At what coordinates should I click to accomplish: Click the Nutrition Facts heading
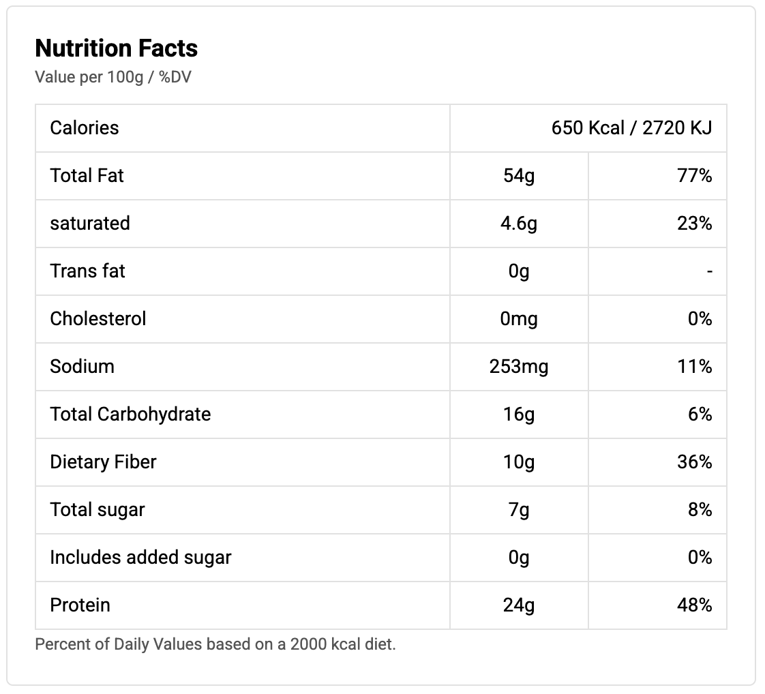coord(117,48)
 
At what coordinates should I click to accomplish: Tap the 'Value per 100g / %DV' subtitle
coord(113,77)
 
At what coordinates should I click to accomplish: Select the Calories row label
coord(85,127)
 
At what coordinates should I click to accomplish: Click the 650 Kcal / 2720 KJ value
coord(631,127)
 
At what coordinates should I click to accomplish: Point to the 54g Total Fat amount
coord(519,175)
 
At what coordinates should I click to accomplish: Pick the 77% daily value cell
coord(695,175)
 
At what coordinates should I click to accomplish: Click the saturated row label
coord(90,223)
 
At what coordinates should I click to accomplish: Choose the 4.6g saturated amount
coord(519,223)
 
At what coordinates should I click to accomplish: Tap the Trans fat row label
coord(88,271)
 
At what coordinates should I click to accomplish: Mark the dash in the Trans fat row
coord(709,271)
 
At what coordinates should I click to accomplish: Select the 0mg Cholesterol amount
coord(519,318)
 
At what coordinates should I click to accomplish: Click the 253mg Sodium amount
coord(519,366)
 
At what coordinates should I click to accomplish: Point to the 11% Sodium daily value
coord(695,366)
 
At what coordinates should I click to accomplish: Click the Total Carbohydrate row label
coord(130,414)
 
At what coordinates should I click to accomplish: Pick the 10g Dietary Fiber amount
coord(519,462)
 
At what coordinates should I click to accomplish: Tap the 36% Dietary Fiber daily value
coord(695,462)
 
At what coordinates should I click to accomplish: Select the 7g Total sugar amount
coord(519,509)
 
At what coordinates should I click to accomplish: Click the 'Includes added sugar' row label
coord(140,557)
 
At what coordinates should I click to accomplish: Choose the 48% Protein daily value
coord(695,605)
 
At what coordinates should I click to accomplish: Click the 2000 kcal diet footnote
coord(215,644)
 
